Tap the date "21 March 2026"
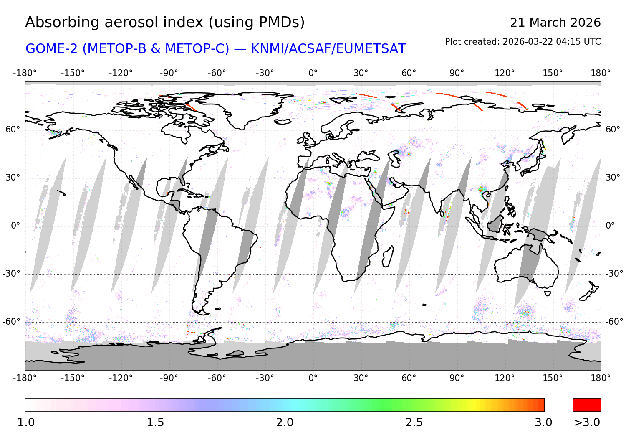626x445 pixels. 555,23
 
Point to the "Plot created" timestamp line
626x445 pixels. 523,42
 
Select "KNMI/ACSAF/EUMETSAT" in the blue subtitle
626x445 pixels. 328,49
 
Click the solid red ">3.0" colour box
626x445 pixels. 587,405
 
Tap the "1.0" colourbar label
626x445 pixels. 26,422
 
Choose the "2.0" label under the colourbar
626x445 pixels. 285,422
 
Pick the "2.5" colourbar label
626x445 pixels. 414,422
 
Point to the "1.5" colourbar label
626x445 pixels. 155,422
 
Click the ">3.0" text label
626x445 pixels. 587,422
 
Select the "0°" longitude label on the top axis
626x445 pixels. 313,73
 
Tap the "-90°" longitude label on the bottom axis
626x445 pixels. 169,378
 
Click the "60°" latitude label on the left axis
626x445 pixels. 13,130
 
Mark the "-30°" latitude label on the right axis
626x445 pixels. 614,274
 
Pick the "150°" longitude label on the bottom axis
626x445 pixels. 553,378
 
